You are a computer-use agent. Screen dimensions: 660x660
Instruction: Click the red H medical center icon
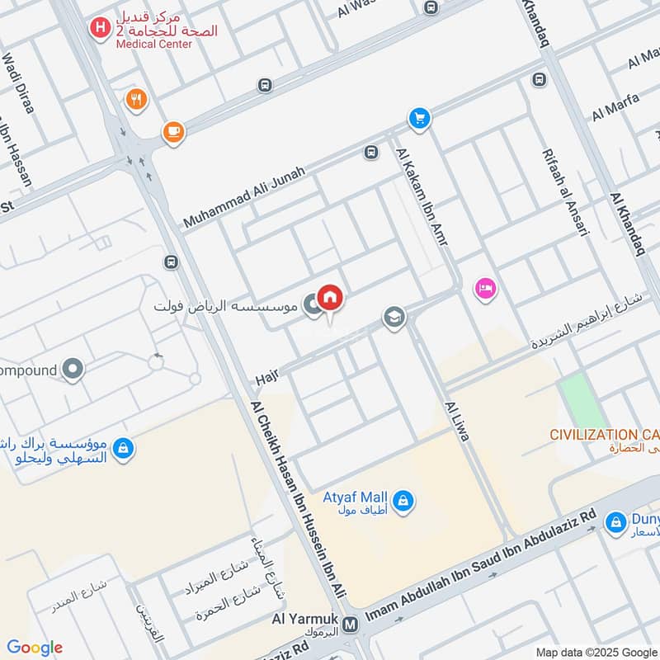100,28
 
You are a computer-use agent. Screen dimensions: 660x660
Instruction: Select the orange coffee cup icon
173,132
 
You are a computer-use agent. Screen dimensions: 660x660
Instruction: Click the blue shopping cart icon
420,119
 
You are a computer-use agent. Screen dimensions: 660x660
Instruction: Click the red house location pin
330,299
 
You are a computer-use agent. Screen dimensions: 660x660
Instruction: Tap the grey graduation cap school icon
394,318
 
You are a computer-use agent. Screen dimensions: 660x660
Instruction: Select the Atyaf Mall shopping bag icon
403,500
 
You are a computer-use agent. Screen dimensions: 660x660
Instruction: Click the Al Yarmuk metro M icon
351,625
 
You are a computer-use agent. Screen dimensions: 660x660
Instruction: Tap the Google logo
35,648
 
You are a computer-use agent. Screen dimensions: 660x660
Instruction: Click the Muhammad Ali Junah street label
244,197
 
